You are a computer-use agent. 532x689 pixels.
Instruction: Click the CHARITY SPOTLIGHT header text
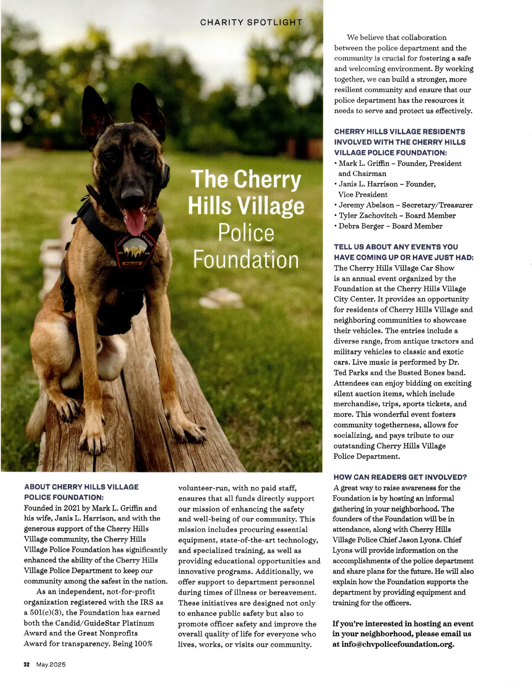click(251, 22)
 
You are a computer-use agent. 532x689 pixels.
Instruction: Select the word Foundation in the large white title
click(246, 260)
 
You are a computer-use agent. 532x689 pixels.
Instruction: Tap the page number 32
click(27, 665)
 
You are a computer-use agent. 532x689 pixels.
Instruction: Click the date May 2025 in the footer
click(51, 665)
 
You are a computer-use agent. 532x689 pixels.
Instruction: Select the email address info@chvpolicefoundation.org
click(398, 644)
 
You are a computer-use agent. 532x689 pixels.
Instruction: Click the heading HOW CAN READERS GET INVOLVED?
click(400, 477)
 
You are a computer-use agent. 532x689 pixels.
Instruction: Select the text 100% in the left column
click(143, 644)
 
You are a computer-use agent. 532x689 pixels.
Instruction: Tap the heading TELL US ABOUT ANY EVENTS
click(396, 247)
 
